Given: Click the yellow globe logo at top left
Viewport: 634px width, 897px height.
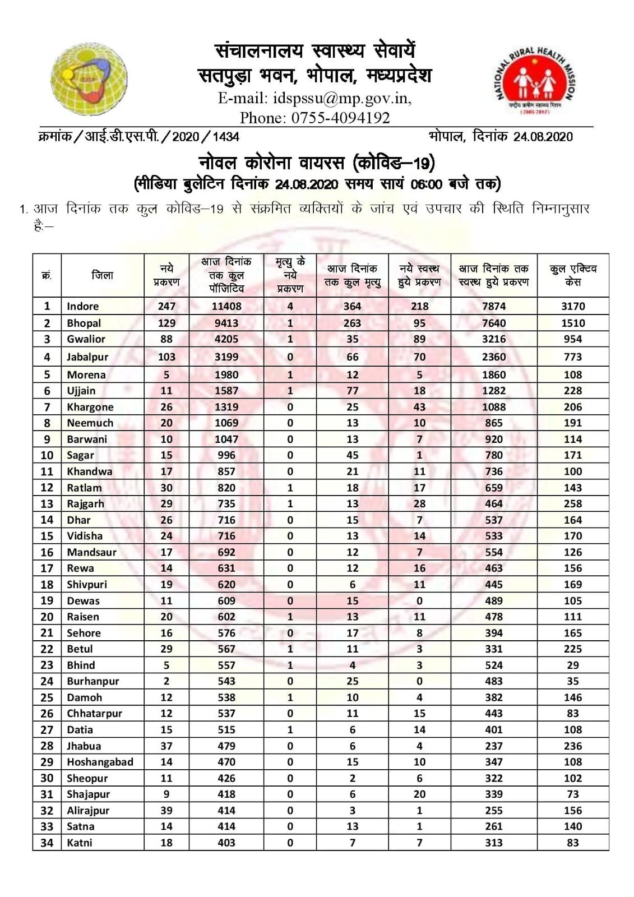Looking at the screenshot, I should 89,79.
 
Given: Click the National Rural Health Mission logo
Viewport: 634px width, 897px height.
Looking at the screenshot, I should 535,81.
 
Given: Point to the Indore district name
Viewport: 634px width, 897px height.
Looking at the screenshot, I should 82,306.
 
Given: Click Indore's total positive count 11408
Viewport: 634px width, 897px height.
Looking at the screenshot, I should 226,306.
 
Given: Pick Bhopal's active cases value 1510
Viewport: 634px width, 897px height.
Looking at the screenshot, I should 572,323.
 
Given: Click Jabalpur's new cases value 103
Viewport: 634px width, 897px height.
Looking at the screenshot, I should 166,357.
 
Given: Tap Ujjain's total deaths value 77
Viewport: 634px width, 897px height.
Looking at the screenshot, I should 352,391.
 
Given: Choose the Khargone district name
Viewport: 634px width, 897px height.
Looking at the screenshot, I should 90,407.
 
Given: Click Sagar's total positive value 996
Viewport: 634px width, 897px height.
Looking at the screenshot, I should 226,455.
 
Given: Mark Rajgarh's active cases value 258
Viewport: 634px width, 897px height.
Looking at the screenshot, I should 572,504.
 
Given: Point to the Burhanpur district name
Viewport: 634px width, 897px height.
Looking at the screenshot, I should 92,681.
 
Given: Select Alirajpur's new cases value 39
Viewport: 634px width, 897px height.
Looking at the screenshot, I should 166,811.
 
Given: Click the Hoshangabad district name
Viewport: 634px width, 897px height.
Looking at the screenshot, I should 100,762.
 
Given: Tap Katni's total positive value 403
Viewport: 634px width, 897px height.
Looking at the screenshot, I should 226,843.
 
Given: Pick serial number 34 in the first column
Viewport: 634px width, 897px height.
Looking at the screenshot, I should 47,843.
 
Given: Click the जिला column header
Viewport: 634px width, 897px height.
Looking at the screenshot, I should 103,275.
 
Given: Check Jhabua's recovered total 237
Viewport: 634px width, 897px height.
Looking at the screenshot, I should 493,746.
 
